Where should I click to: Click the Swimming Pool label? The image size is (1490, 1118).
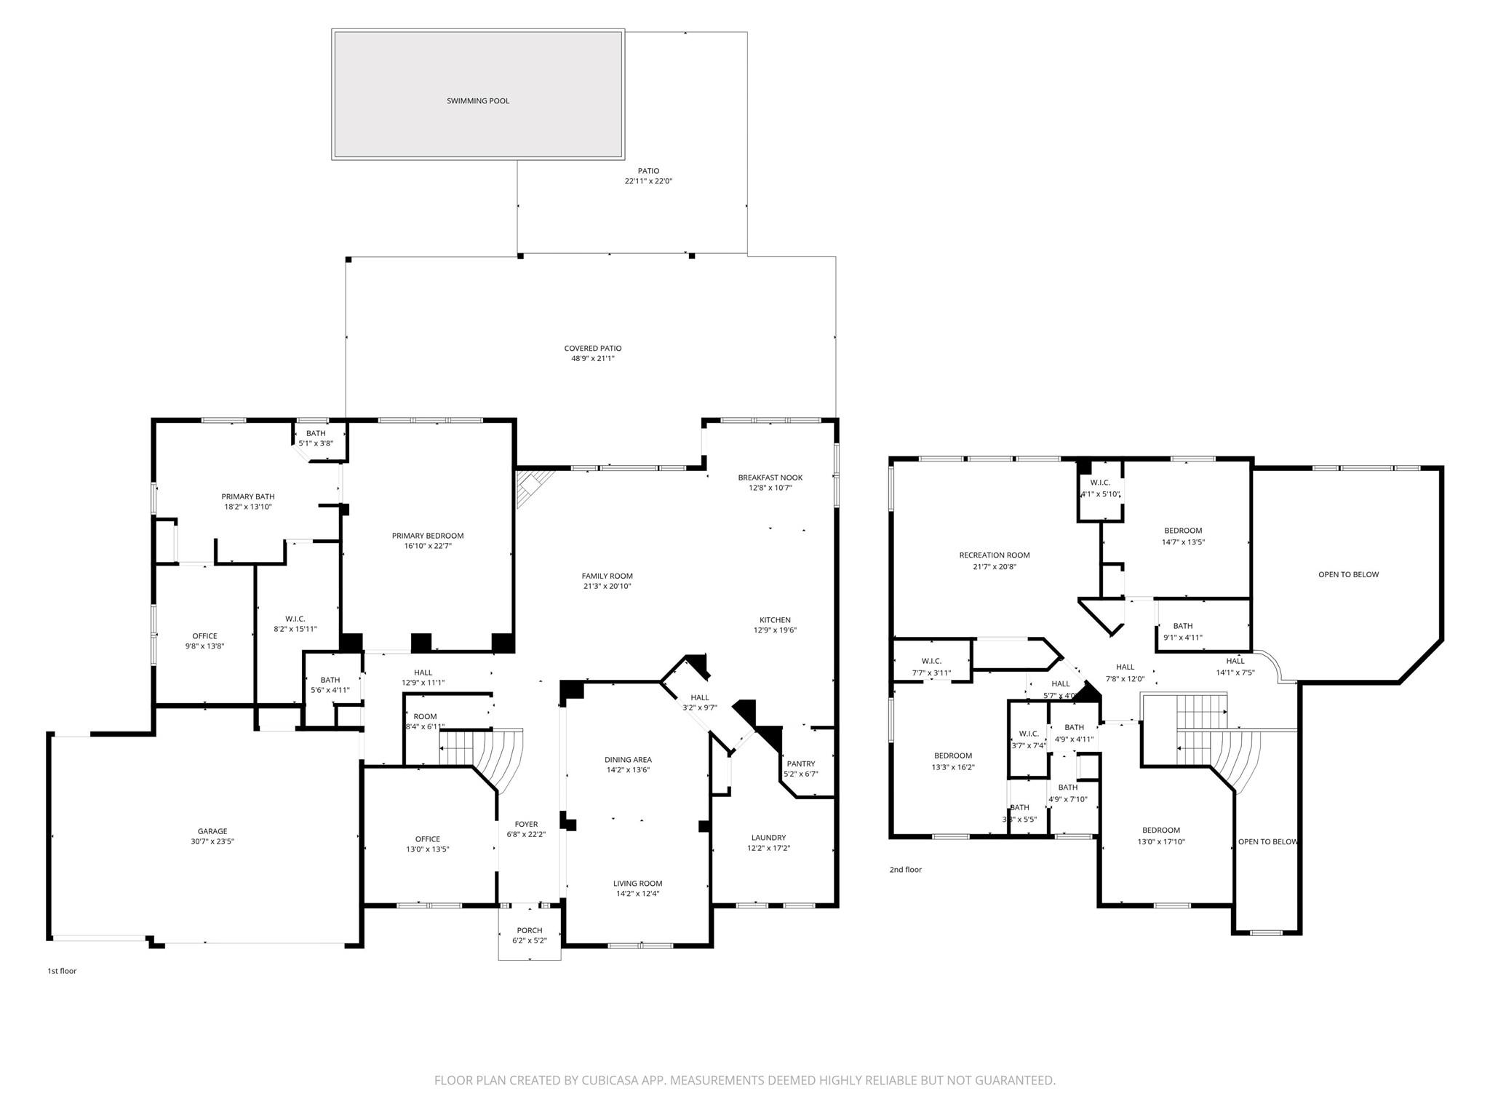point(478,101)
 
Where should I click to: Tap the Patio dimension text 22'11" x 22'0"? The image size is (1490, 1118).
point(648,181)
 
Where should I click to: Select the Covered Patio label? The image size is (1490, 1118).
point(593,349)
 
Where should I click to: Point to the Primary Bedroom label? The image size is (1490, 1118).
point(428,536)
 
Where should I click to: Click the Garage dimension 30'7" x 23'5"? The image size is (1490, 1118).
point(212,841)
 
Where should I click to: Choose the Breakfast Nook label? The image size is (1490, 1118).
point(770,477)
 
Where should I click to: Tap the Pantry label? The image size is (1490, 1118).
point(800,764)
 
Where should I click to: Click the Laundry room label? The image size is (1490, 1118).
point(768,838)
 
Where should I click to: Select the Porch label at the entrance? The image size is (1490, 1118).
point(530,930)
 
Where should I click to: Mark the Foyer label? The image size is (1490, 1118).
point(526,825)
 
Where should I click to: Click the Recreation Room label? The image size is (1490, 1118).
point(994,555)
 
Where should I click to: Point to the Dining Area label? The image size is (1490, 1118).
point(628,760)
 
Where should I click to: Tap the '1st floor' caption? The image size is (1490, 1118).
point(62,971)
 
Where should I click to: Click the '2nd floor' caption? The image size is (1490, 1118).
point(905,870)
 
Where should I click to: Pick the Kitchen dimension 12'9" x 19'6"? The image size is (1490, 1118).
point(775,630)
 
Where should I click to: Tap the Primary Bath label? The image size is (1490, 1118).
point(248,496)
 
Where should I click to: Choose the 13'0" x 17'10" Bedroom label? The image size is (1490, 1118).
point(1160,830)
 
